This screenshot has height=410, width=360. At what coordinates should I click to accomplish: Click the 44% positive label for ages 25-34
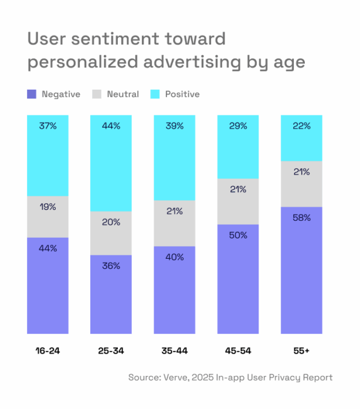coord(110,126)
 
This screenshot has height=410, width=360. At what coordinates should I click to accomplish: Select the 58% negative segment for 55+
coord(301,269)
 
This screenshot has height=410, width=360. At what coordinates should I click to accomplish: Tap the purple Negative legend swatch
coord(32,94)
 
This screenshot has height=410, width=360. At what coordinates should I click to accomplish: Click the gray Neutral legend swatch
coord(97,94)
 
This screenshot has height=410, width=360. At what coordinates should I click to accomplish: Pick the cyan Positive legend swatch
coord(155,94)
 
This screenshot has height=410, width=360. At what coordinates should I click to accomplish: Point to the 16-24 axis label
coord(47,351)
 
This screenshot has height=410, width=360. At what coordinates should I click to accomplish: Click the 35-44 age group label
coord(174,351)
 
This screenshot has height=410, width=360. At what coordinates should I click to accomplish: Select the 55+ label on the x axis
coord(301,351)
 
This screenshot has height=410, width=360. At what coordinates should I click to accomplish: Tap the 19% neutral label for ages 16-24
coord(47,207)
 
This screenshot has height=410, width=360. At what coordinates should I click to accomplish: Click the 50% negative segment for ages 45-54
coord(238,278)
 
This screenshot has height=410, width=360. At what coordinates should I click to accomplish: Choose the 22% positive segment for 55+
coord(301,138)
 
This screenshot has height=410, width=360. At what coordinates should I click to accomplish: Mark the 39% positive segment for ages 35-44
coord(174,158)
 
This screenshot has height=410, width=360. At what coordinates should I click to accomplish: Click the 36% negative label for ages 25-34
coord(110,265)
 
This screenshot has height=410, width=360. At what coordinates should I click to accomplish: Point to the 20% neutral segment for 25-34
coord(110,233)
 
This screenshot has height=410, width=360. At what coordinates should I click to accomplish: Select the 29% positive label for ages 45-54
coord(238,126)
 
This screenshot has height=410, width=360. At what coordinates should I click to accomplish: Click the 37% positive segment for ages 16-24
coord(47,156)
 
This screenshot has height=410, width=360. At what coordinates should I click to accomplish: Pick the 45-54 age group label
coord(238,351)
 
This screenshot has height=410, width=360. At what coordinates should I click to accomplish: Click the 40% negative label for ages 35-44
coord(174,257)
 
